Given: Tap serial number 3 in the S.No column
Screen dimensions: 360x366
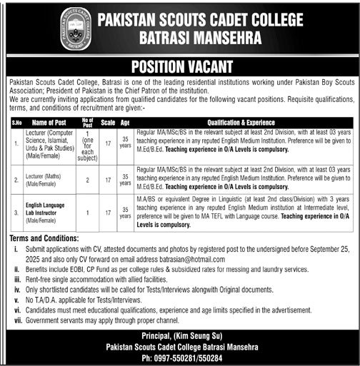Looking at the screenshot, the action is coord(16,212).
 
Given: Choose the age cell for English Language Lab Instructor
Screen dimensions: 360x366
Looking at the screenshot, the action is coord(126,212).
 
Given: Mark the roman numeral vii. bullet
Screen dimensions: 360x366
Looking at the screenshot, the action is coord(18,312).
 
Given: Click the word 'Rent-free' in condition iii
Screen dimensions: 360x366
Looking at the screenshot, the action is coord(43,281).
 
